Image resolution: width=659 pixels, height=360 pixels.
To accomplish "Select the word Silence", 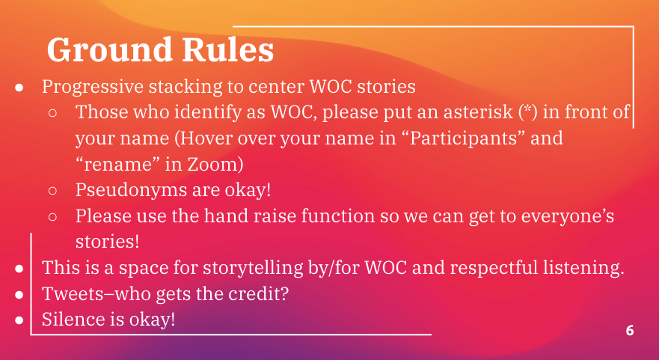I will (71, 320).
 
